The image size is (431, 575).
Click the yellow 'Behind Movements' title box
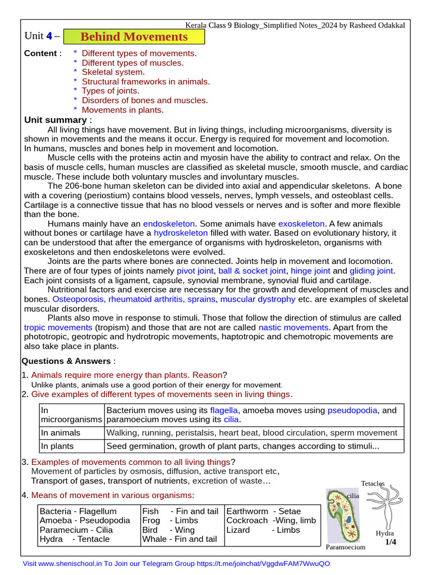coord(134,37)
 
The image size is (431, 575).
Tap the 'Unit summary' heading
coord(55,120)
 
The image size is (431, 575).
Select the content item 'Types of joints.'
coord(111,91)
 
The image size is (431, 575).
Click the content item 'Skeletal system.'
coord(113,72)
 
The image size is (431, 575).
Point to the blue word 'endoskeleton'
coord(169,224)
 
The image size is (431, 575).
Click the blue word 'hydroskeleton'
coord(181,233)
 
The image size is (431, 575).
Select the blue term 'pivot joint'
coord(195,271)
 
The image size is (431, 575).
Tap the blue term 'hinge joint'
coord(310,271)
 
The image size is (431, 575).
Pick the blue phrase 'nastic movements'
coord(293,327)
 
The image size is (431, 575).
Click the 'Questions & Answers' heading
coord(67,361)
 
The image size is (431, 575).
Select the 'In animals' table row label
coord(61,433)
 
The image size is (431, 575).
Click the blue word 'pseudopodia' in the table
coord(352,410)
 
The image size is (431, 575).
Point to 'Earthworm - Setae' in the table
coord(264,512)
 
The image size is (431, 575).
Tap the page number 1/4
coord(391,542)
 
